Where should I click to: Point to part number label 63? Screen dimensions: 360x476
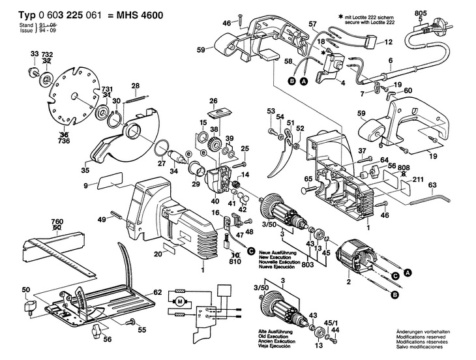point(432,185)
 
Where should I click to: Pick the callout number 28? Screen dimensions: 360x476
point(135,86)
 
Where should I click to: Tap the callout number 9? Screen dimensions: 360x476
point(85,187)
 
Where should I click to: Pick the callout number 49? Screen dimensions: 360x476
point(101,220)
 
